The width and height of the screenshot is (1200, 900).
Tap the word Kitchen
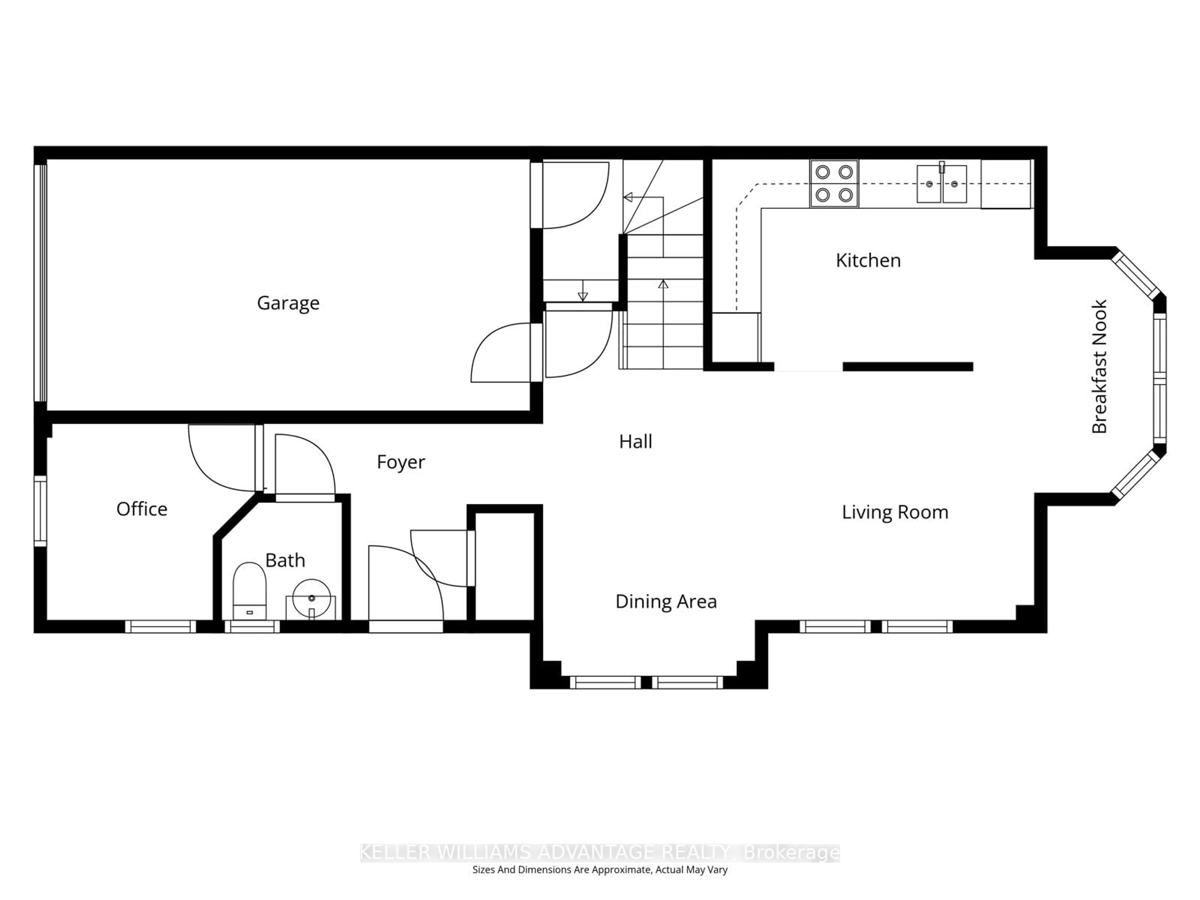tap(868, 260)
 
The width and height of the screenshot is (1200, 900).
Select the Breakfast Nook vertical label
tap(1099, 367)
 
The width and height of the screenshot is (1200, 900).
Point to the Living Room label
tap(895, 512)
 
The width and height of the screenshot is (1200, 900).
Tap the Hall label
tap(635, 442)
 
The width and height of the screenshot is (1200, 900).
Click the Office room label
tap(142, 509)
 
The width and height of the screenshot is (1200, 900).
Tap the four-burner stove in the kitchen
tap(834, 183)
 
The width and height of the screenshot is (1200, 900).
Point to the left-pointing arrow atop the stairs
tap(629, 197)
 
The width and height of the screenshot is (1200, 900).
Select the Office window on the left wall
tap(41, 511)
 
